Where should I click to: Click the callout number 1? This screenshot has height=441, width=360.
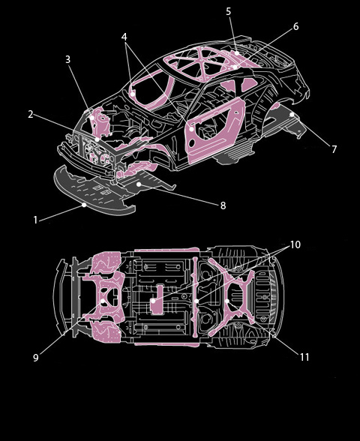tap(35, 220)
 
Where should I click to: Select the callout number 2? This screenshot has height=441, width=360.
tap(31, 114)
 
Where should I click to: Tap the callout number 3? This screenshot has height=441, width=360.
tap(67, 59)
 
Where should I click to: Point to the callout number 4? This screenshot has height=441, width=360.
tap(124, 37)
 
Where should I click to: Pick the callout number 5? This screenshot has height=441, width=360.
tap(228, 11)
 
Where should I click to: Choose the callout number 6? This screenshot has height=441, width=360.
tap(295, 26)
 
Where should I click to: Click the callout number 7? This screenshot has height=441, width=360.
tap(334, 149)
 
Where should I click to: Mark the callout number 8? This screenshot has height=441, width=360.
tap(223, 205)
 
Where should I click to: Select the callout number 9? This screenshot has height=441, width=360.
tap(36, 358)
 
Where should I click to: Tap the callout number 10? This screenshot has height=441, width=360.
tap(295, 244)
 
